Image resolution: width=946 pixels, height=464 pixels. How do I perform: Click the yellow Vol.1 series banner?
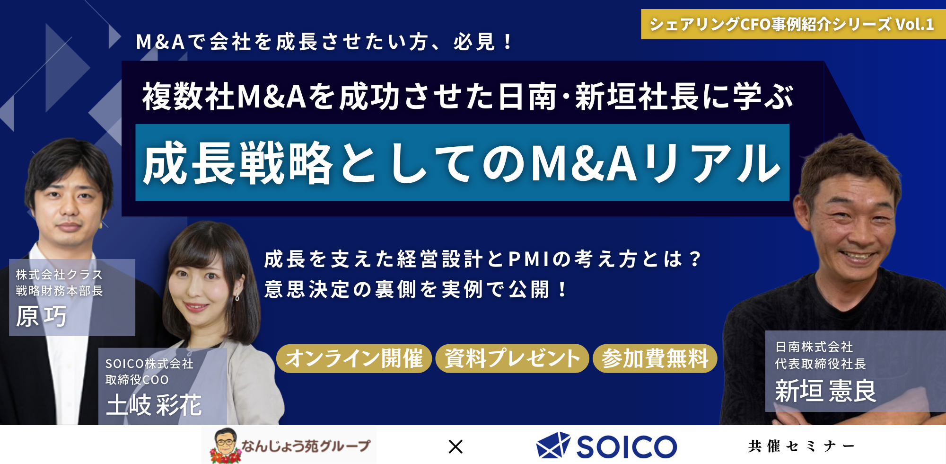(793, 24)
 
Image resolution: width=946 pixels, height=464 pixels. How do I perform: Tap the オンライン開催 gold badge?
(354, 358)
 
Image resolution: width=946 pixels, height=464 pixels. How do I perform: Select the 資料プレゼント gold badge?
(512, 358)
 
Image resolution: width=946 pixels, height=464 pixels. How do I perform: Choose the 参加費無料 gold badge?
(655, 358)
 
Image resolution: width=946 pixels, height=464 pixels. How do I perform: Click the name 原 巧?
(42, 316)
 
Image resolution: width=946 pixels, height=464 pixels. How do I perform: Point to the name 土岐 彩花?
(154, 405)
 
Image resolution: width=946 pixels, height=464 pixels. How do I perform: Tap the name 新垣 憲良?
(826, 391)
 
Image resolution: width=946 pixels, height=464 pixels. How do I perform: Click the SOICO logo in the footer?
(607, 446)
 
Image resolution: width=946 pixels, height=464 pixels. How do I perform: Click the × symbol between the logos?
(455, 446)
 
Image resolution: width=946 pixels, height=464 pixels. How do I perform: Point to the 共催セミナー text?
(801, 446)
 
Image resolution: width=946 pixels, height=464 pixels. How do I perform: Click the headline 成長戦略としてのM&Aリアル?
(462, 162)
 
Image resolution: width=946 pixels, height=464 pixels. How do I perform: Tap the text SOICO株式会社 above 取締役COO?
(149, 364)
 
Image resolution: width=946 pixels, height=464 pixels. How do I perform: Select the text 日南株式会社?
(814, 347)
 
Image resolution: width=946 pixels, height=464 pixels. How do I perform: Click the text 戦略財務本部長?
(60, 291)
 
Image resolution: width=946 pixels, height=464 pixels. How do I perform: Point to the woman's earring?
(237, 297)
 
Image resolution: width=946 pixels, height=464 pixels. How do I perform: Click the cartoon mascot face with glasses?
(224, 442)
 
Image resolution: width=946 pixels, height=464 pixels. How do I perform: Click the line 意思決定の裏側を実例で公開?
(416, 289)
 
